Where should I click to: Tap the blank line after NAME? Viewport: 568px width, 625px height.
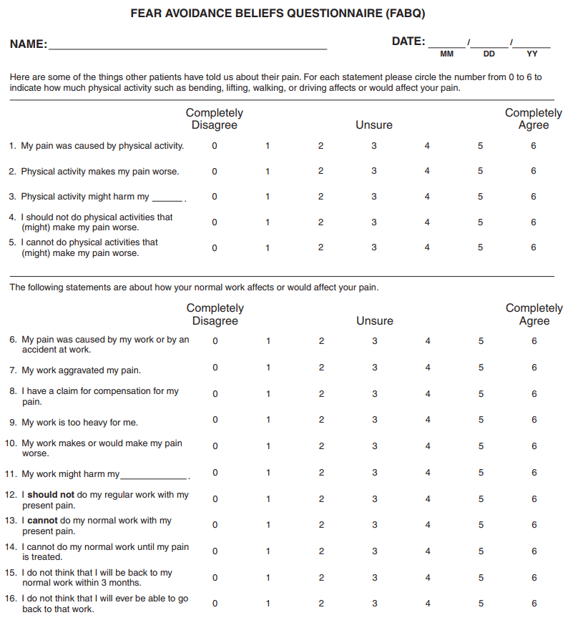[187, 46]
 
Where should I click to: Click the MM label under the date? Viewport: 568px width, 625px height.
[446, 54]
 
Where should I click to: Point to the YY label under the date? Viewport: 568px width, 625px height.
[532, 54]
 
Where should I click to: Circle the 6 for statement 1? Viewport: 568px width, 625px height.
[534, 146]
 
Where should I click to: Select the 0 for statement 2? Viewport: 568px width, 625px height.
[215, 172]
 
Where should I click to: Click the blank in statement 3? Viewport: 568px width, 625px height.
[168, 198]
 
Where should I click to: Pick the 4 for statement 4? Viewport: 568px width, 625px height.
[427, 222]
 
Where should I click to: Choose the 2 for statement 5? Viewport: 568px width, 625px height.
[320, 247]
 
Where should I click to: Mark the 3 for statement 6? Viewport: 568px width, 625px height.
[374, 341]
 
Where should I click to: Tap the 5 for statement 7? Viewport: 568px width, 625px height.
[481, 368]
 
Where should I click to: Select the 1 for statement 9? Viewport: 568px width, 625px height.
[268, 420]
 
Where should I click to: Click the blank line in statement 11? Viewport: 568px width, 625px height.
[154, 476]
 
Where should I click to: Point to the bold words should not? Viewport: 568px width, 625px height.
[51, 495]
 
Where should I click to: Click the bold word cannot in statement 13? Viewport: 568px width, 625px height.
[42, 521]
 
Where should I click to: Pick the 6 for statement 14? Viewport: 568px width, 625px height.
[534, 551]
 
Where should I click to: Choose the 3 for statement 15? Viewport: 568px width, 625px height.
[374, 577]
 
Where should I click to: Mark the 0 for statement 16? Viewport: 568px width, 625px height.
[215, 604]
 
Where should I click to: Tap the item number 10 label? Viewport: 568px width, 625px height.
[10, 443]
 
